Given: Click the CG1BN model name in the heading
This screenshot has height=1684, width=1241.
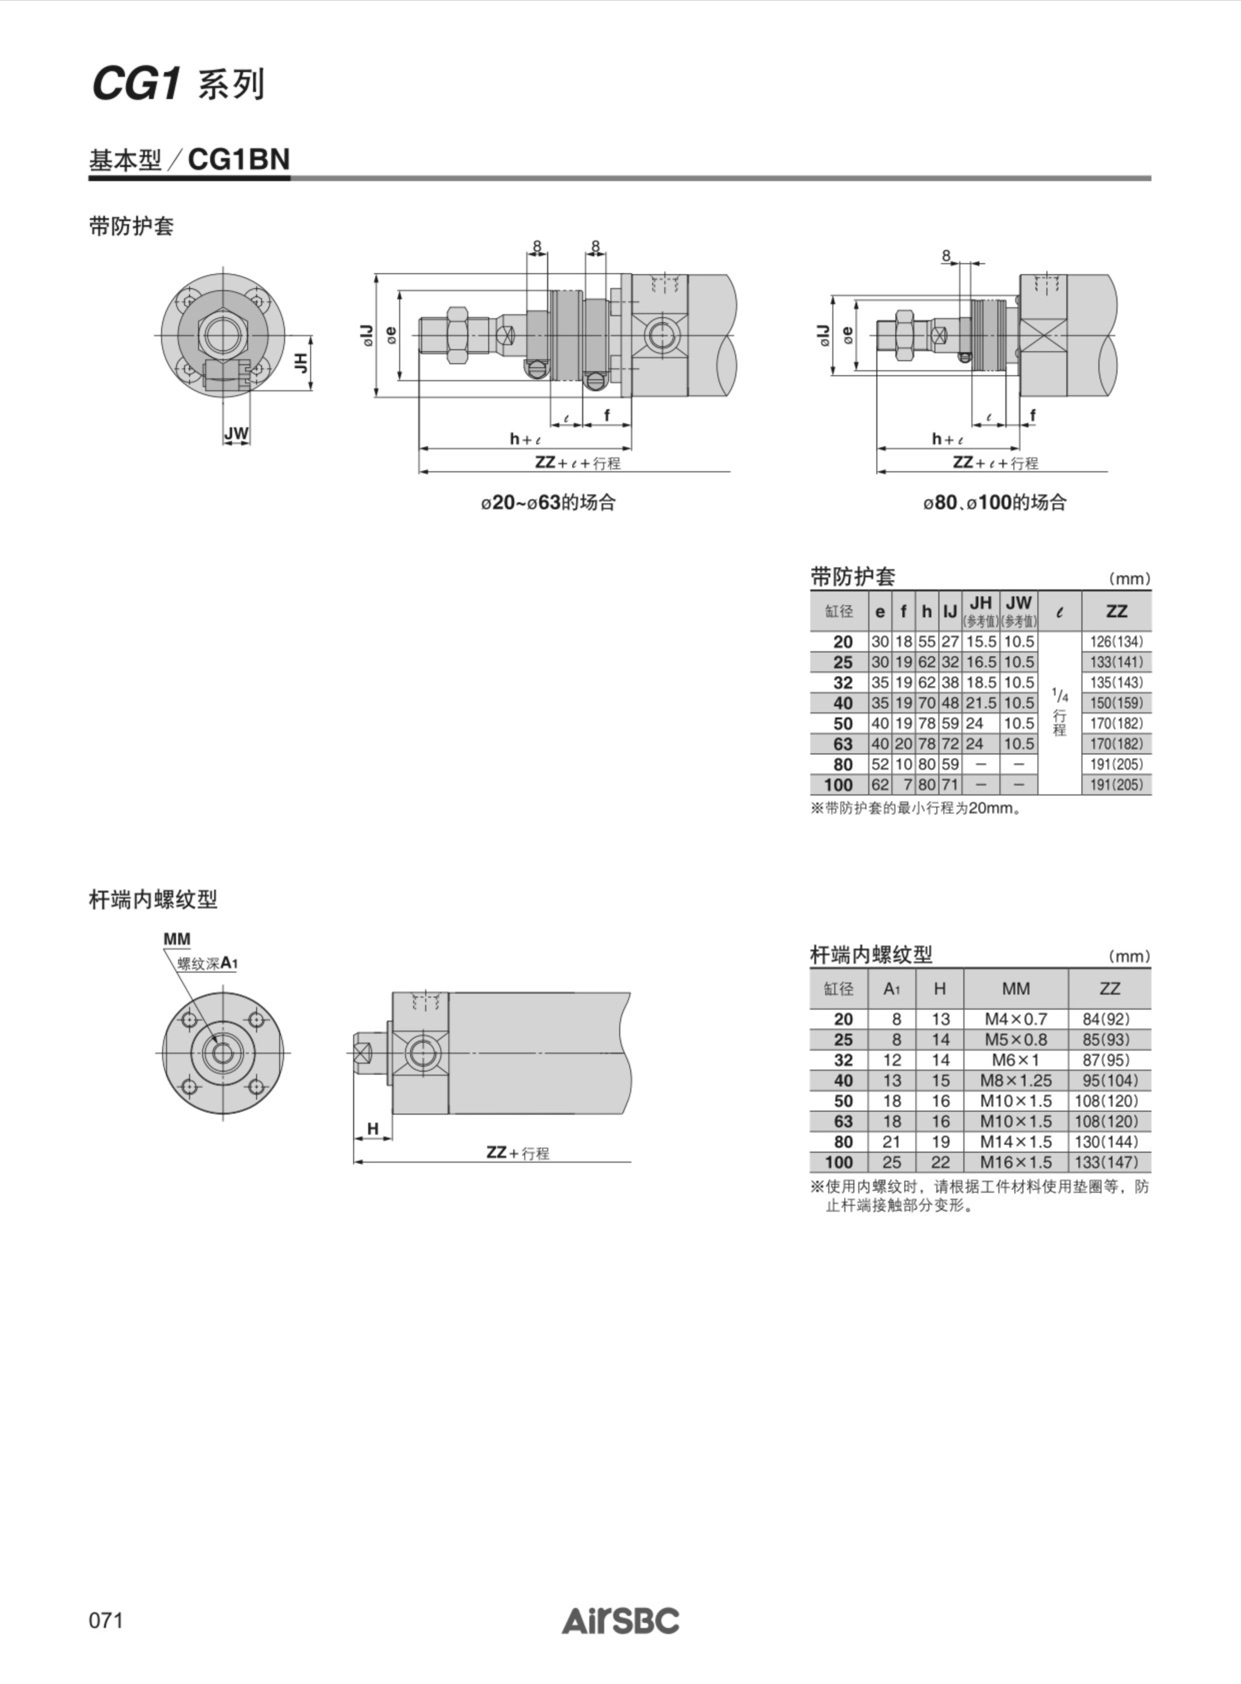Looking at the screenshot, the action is coord(239,159).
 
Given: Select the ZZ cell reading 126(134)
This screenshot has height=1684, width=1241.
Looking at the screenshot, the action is coord(1116,642).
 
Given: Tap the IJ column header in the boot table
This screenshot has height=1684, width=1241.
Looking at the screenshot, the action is coord(950,611).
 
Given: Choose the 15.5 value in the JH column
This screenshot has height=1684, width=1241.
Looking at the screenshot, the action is coord(980,642).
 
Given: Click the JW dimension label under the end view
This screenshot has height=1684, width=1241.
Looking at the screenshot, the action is coord(236,434).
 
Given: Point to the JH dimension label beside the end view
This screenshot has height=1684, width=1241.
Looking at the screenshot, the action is coord(301,363).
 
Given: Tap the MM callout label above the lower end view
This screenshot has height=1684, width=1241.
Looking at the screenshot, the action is coord(177,939).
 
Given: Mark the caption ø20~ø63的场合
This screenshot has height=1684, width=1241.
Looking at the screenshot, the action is coord(548,503).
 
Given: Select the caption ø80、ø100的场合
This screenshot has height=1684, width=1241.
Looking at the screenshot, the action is coord(994,503).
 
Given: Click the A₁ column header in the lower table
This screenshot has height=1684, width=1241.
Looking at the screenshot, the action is coord(892,989).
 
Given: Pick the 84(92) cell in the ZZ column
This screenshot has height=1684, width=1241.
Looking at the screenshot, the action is coord(1110,1019).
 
